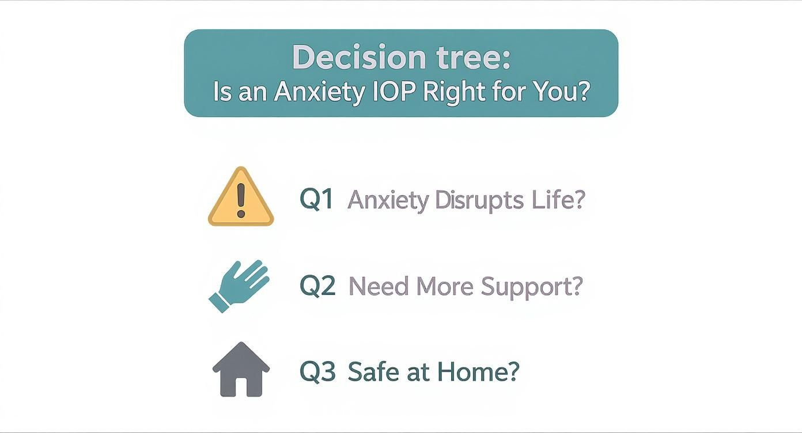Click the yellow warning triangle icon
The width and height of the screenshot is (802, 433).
(x=241, y=199)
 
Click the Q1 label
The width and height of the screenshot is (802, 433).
(x=316, y=199)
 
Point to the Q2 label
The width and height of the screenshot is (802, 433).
(x=317, y=286)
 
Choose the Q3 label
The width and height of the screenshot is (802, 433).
(x=317, y=371)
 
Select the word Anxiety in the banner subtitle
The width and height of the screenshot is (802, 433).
(x=318, y=92)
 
